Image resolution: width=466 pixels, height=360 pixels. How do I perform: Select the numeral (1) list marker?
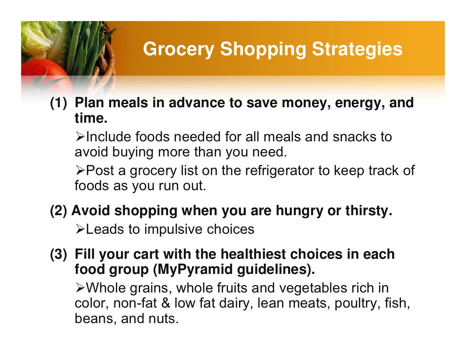(58, 103)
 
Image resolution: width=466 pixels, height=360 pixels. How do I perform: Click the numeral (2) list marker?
(58, 211)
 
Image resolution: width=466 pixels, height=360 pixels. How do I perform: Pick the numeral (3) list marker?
(58, 254)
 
